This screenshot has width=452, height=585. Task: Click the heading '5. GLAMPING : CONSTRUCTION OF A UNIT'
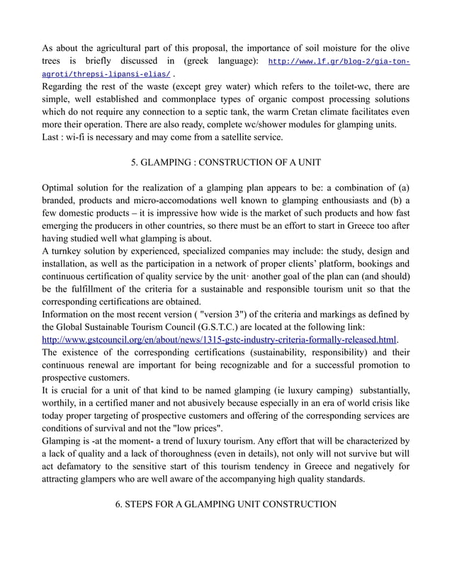(226, 163)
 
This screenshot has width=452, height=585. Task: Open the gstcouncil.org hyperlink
(219, 339)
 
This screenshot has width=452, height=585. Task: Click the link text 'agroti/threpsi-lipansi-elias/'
(106, 74)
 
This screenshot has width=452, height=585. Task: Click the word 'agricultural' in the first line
(124, 48)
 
